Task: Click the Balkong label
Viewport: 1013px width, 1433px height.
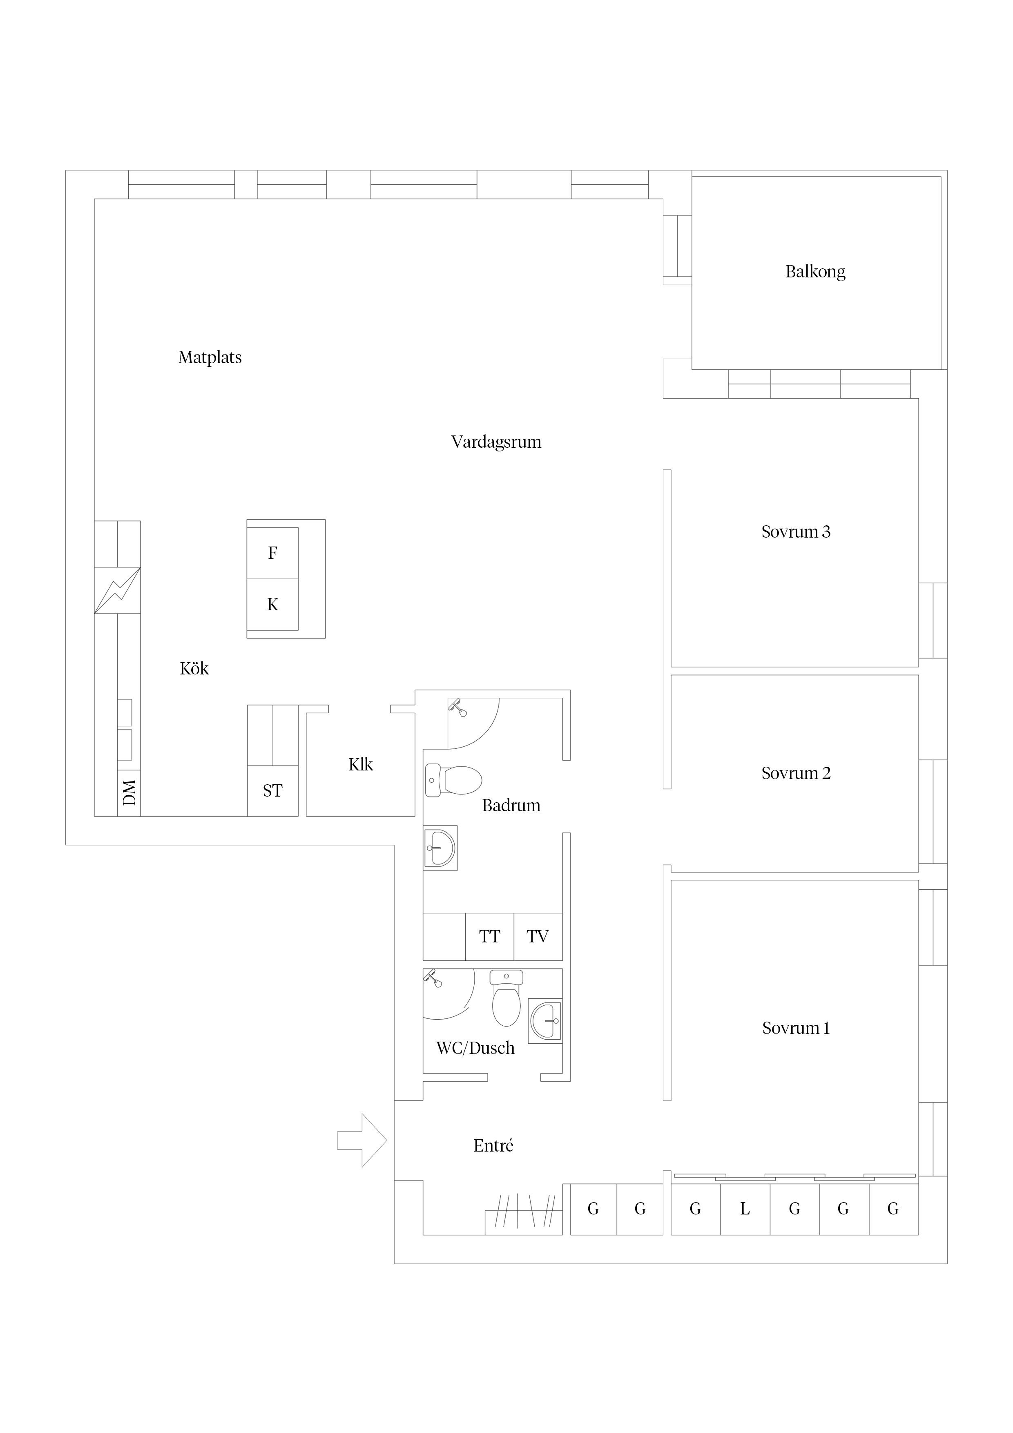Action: [815, 272]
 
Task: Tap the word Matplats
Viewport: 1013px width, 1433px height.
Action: [210, 357]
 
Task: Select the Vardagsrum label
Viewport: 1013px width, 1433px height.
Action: [496, 442]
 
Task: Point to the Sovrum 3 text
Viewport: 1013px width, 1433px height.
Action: [796, 532]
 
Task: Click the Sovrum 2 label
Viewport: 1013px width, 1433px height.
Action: [796, 773]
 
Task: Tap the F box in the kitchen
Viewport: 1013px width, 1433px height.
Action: [273, 553]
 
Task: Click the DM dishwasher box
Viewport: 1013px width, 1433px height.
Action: [129, 793]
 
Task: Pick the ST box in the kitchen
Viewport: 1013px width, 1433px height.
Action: [273, 791]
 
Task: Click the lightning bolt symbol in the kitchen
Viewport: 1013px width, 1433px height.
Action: [117, 590]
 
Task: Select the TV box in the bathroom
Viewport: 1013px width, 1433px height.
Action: [538, 937]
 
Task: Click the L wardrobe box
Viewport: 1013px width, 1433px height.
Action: [745, 1209]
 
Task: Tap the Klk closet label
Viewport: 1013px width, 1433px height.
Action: [361, 765]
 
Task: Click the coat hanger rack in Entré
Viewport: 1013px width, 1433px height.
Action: [524, 1212]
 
